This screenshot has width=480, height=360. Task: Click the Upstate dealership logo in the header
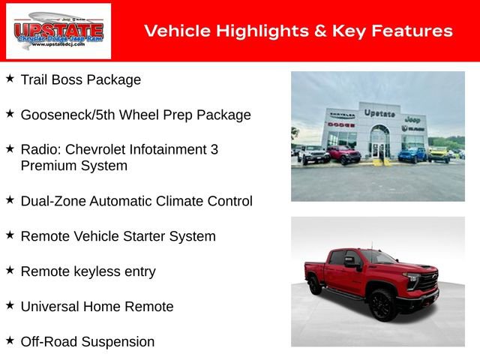tap(58, 31)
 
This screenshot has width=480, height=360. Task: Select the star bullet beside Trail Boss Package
tap(10, 78)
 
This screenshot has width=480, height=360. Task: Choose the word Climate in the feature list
tap(180, 201)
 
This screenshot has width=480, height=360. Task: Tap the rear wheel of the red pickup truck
tap(315, 285)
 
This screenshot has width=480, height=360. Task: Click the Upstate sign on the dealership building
tap(379, 113)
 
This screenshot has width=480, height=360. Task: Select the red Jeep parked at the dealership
tap(343, 154)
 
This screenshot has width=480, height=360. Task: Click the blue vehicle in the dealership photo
tap(412, 154)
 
